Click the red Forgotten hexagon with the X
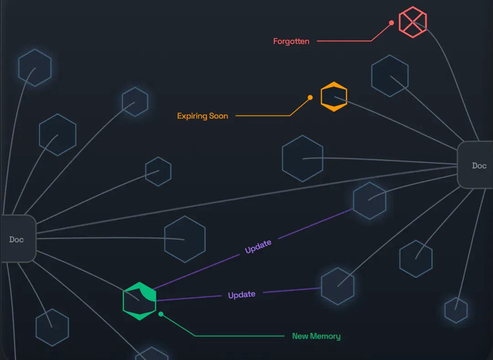coord(413,22)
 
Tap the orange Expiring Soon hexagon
coord(334,96)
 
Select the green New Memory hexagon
coord(139,301)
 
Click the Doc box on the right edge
coord(475,165)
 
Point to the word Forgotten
coord(291,41)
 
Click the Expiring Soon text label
coord(203,116)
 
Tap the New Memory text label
coord(316,336)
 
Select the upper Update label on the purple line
coord(258,246)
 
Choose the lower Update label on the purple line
coord(241,295)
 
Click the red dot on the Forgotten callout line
coord(392,23)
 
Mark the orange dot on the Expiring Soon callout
coord(310,98)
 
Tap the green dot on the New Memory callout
coord(161,314)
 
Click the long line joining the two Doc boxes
coord(247,200)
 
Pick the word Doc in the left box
coord(16,239)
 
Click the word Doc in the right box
coord(479,165)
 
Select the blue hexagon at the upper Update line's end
coord(369,201)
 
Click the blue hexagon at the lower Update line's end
coord(338,286)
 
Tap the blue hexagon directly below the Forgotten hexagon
coord(390,76)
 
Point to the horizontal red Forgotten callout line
coord(344,41)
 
